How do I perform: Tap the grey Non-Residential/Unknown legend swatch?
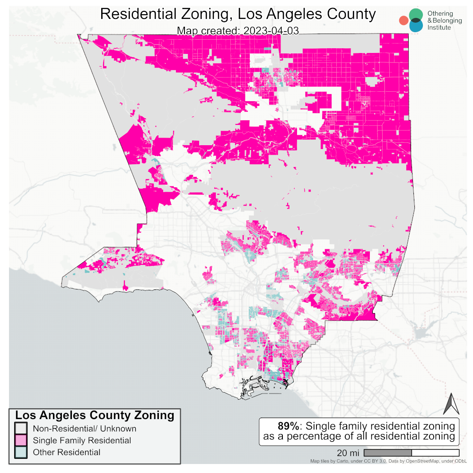click(x=21, y=429)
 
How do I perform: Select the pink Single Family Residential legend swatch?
click(x=21, y=440)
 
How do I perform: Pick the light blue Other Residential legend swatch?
click(x=21, y=452)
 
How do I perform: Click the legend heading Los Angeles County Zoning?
click(x=95, y=415)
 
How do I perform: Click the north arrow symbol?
click(x=451, y=404)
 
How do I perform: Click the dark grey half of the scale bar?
click(x=388, y=453)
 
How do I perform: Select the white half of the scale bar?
click(x=435, y=453)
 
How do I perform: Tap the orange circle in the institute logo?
click(x=403, y=20)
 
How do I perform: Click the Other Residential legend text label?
click(x=66, y=452)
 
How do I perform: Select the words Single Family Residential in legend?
click(x=82, y=440)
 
